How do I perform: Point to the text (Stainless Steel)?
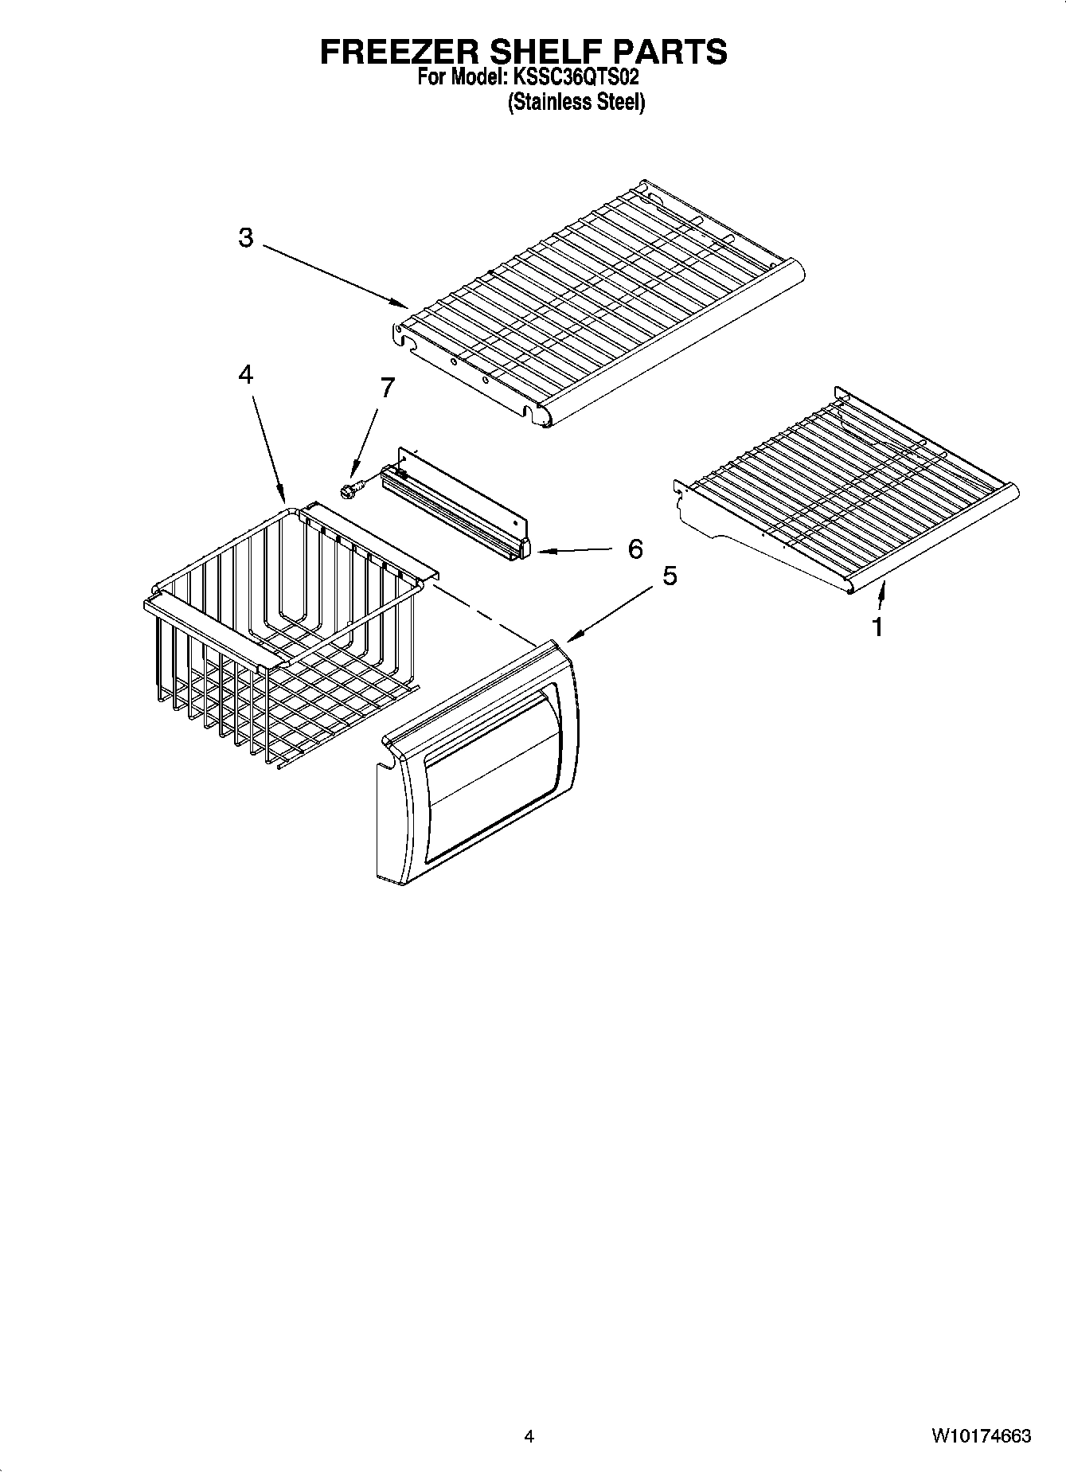(576, 103)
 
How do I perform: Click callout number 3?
(246, 237)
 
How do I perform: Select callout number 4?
(246, 374)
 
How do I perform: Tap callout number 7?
(387, 388)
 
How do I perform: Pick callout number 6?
(635, 549)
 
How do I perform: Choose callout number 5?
(670, 576)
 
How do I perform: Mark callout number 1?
(877, 627)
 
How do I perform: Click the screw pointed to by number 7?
(349, 490)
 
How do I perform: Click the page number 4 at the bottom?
(529, 1436)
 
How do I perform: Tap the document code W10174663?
(980, 1436)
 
